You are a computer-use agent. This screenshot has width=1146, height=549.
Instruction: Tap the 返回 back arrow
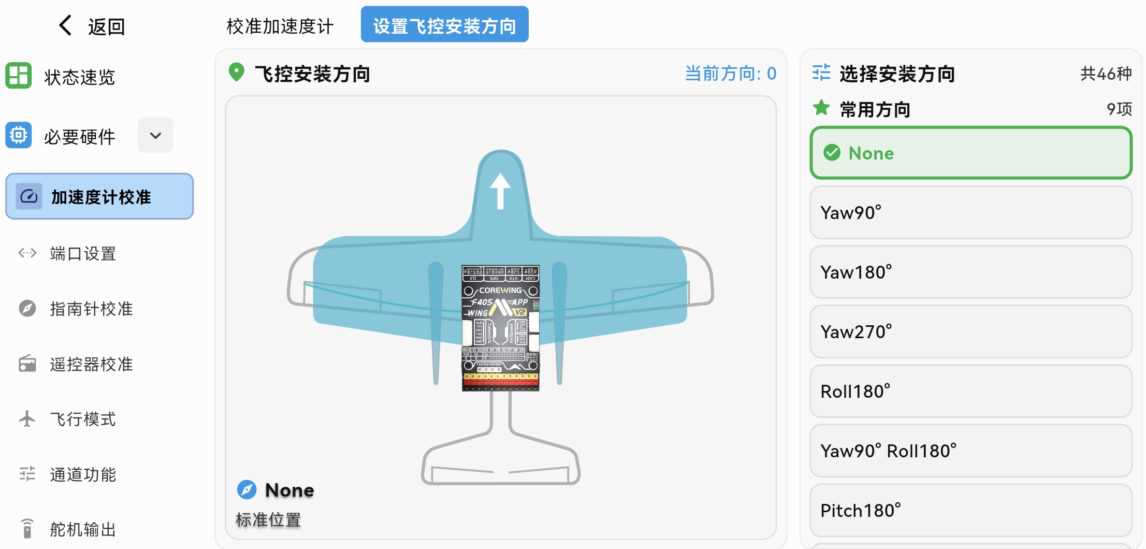[66, 25]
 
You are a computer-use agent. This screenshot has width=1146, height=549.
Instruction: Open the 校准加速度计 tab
[280, 26]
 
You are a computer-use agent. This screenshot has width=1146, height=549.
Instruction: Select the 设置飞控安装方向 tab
[444, 25]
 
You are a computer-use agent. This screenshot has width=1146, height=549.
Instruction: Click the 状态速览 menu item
[79, 77]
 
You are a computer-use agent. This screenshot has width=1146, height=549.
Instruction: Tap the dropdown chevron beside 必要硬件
[155, 136]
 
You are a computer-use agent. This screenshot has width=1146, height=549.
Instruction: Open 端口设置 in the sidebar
[83, 254]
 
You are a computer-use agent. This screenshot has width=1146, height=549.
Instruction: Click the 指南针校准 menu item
[91, 309]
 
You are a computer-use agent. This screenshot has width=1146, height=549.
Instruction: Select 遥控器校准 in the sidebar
[91, 364]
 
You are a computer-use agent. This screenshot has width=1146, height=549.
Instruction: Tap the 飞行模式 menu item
[83, 419]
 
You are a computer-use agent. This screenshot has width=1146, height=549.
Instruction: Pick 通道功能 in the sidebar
[83, 474]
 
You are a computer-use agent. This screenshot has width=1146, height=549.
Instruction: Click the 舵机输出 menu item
[83, 529]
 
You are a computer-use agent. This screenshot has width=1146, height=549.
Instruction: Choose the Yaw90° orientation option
[970, 213]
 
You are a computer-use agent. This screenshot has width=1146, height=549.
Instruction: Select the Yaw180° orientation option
[970, 272]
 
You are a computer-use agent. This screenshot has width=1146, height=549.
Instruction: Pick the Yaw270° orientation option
[970, 332]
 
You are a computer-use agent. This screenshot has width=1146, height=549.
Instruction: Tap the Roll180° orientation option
[970, 392]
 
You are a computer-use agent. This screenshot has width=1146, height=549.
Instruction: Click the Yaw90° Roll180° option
[970, 451]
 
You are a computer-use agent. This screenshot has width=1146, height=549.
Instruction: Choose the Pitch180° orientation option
[970, 511]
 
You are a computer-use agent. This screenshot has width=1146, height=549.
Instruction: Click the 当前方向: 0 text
[730, 74]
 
